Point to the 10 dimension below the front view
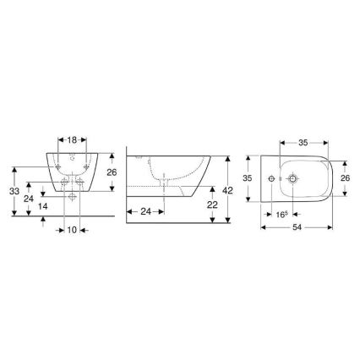point(74,228)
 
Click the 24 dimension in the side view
point(145,210)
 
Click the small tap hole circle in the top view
point(272,179)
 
